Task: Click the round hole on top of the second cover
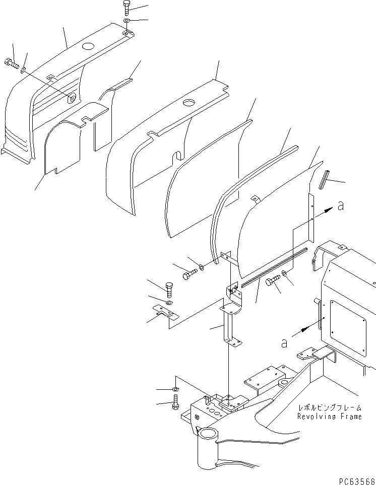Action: [190, 103]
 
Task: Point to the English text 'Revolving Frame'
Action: [329, 417]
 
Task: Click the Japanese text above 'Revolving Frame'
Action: [329, 408]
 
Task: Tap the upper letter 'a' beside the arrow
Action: [341, 206]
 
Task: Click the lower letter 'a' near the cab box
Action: [284, 342]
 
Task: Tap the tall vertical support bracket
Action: [230, 322]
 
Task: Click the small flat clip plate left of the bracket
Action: [164, 314]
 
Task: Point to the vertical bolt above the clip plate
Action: [169, 289]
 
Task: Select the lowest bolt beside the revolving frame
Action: [175, 401]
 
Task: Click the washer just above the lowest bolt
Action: [174, 389]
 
